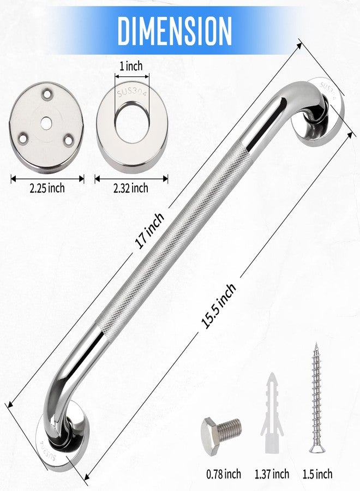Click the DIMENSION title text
coord(175,31)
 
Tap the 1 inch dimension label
coord(131,66)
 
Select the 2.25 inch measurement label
coord(47,188)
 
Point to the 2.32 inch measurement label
coord(130,188)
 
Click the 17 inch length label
coord(149,230)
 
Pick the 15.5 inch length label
coord(219,306)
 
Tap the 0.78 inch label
coord(224,474)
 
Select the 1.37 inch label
coord(272,474)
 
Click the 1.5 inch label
coord(317,474)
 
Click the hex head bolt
coord(221,430)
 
